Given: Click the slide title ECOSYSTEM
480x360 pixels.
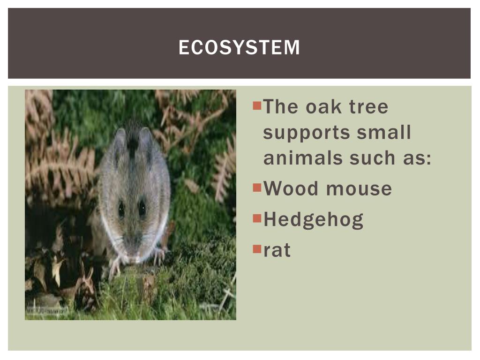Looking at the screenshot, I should (239, 47).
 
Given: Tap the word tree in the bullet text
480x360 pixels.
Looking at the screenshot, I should (369, 107).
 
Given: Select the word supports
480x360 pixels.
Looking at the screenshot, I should (305, 133).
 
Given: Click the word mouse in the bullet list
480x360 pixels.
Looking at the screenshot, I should (359, 188).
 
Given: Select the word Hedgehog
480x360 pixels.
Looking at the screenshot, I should (313, 220).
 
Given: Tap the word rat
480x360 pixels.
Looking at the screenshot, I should (277, 250).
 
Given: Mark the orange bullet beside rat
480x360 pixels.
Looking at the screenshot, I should (256, 248).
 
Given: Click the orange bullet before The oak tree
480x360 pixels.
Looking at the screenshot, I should (256, 105).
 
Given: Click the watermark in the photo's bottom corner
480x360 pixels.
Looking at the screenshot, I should (47, 310).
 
